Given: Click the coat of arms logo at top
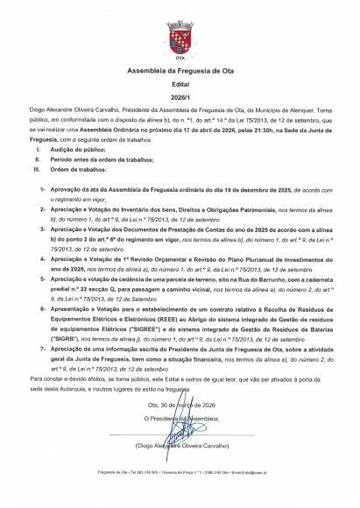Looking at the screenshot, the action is tap(180, 37).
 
